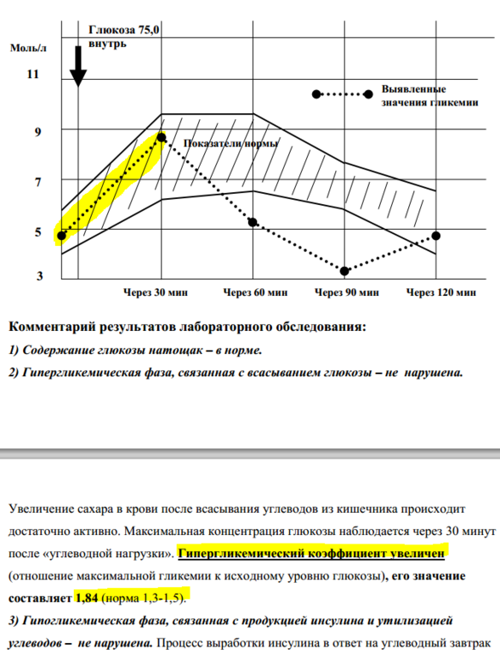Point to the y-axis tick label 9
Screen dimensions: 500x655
tap(36, 131)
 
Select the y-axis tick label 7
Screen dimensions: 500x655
tap(36, 181)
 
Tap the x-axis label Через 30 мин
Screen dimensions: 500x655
tap(155, 293)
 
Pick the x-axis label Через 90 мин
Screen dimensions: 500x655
tap(347, 293)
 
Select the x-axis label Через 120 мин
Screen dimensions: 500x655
tap(440, 293)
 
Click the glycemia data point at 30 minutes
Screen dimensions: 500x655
tap(162, 137)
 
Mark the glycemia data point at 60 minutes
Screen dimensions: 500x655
tap(253, 222)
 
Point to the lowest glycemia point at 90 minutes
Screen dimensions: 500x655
tap(344, 271)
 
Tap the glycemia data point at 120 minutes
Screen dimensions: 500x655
tap(435, 236)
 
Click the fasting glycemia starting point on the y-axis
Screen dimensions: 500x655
tap(61, 236)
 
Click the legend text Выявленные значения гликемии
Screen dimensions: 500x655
tap(414, 95)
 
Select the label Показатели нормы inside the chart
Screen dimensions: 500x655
tap(230, 144)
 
